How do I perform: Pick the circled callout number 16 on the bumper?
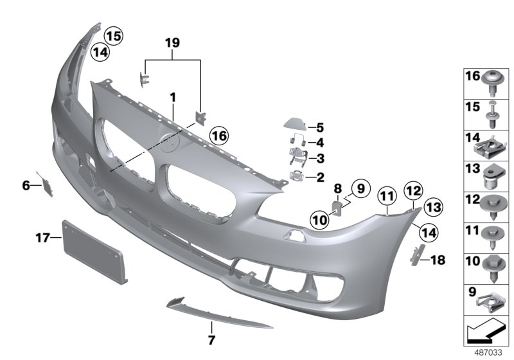click(x=218, y=136)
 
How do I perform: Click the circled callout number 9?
click(x=360, y=188)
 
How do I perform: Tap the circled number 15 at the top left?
click(x=114, y=36)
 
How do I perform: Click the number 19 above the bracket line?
click(x=172, y=44)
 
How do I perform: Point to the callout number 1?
click(x=172, y=96)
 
